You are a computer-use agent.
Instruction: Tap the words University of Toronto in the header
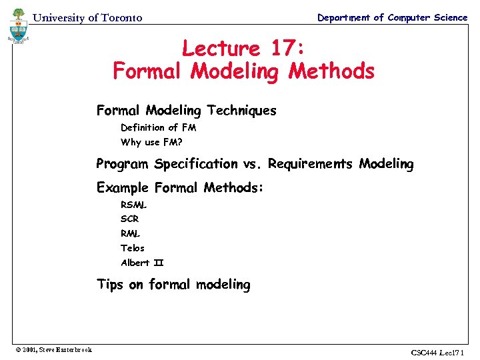[87, 18]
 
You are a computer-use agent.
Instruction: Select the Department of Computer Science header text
[392, 17]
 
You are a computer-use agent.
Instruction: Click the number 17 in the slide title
[283, 49]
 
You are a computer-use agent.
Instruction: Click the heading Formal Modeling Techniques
[186, 110]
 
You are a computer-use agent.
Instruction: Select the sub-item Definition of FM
[158, 127]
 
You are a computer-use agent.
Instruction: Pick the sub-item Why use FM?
[151, 142]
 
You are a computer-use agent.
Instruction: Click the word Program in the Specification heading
[123, 163]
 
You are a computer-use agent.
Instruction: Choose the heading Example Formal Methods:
[180, 187]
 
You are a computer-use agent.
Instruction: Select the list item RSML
[134, 205]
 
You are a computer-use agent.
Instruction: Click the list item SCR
[130, 219]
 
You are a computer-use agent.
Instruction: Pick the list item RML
[131, 233]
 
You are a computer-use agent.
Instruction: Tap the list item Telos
[133, 248]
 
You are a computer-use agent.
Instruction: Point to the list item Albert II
[142, 263]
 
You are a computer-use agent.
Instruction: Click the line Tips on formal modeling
[173, 285]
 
